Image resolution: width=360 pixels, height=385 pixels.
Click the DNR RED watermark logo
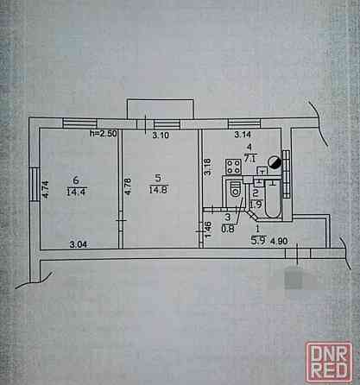(x=329, y=362)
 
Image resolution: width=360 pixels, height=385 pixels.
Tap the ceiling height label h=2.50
(x=104, y=134)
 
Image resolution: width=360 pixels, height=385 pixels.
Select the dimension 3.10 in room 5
(x=161, y=135)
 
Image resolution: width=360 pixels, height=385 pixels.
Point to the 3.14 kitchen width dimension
(x=243, y=135)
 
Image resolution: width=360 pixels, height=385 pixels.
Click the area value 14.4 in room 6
(x=76, y=192)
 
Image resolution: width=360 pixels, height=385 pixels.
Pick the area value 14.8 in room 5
(x=158, y=190)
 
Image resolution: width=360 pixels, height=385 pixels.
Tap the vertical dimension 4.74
(x=46, y=189)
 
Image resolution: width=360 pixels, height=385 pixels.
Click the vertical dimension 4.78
(x=128, y=186)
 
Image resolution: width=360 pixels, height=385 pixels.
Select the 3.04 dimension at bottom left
(x=79, y=244)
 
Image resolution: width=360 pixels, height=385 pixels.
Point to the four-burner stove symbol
(x=233, y=167)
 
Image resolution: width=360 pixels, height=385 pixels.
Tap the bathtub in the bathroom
(x=272, y=199)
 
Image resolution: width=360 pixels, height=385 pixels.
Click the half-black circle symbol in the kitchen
(x=275, y=162)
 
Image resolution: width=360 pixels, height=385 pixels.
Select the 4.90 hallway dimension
(x=279, y=241)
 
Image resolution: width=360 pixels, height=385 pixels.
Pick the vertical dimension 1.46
(x=209, y=230)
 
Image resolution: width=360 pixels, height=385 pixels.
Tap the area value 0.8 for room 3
(x=228, y=229)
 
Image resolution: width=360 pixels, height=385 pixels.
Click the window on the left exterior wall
(x=34, y=185)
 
